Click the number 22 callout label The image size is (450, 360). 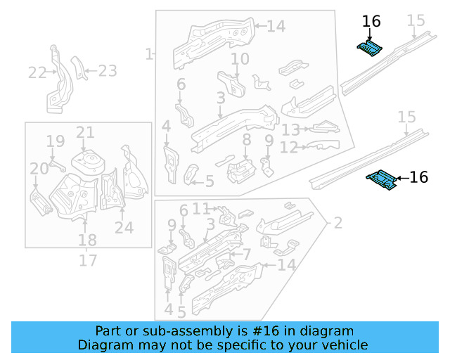(37, 72)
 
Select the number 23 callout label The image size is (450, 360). (107, 70)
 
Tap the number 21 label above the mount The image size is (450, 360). (85, 132)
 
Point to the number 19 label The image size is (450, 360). (56, 143)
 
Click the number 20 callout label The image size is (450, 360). (39, 168)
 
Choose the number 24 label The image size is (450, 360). (124, 227)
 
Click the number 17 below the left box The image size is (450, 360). (87, 261)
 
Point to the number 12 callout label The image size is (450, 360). (289, 148)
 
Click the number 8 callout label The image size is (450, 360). (245, 141)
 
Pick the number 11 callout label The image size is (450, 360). (202, 208)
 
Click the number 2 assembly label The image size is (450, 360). (337, 224)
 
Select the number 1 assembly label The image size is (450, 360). (149, 54)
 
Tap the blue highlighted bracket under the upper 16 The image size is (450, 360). (369, 48)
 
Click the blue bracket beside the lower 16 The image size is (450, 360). (382, 179)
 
